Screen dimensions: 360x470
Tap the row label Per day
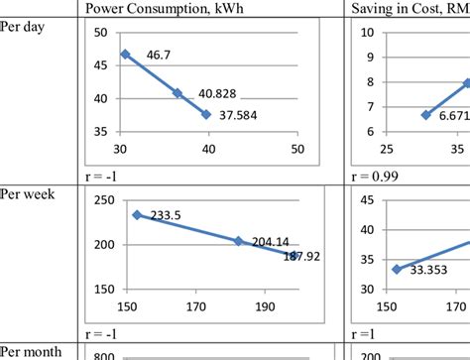(23, 28)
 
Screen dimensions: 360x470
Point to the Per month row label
(29, 351)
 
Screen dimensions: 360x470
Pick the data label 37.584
(235, 114)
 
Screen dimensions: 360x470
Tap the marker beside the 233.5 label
(137, 214)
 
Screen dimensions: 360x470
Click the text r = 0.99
(378, 175)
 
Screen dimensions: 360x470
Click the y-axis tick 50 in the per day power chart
(100, 33)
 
